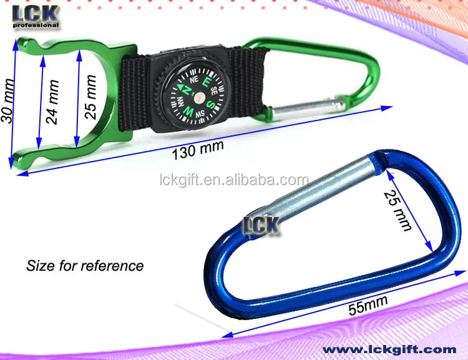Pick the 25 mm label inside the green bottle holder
[x=90, y=97]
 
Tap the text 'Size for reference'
[x=85, y=266]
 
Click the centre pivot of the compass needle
[x=196, y=96]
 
